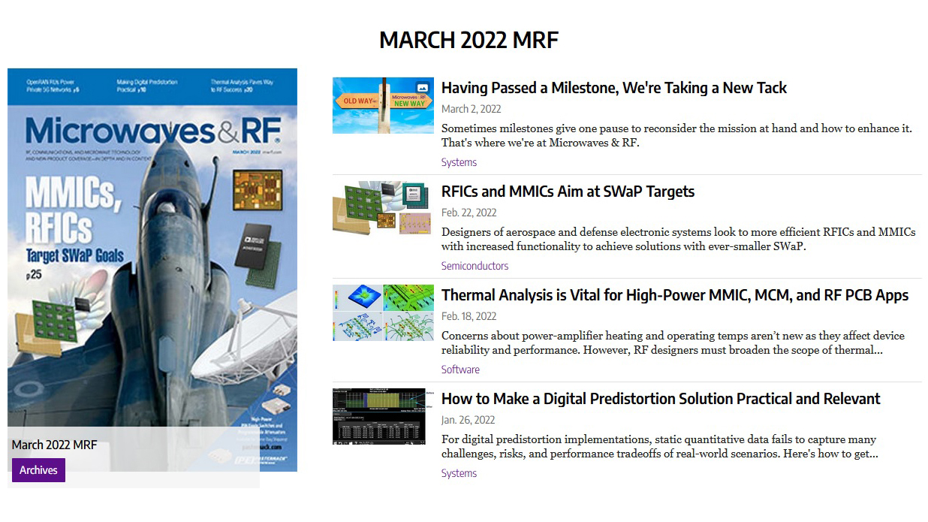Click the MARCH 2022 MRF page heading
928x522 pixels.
tap(469, 40)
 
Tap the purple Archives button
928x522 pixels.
tap(38, 470)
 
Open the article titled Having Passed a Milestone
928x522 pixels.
tap(613, 88)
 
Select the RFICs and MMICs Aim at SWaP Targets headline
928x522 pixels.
tap(568, 192)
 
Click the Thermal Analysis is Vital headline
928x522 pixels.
tap(674, 295)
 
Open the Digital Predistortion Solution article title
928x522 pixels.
tap(660, 399)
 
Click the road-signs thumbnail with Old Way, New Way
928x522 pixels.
tap(383, 105)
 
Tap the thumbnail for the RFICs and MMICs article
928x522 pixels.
tap(383, 208)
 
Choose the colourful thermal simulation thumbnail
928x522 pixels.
tap(383, 312)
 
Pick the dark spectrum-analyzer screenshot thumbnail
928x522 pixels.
tap(383, 416)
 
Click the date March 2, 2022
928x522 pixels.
tap(471, 109)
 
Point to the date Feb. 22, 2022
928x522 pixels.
tap(469, 213)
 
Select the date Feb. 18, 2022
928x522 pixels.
tap(469, 316)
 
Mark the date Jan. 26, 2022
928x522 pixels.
tap(468, 420)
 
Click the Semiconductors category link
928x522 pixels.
tap(475, 266)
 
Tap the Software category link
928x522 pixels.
tap(460, 370)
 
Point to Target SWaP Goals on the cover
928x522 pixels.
tap(74, 254)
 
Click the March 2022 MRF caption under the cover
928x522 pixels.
tap(54, 445)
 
